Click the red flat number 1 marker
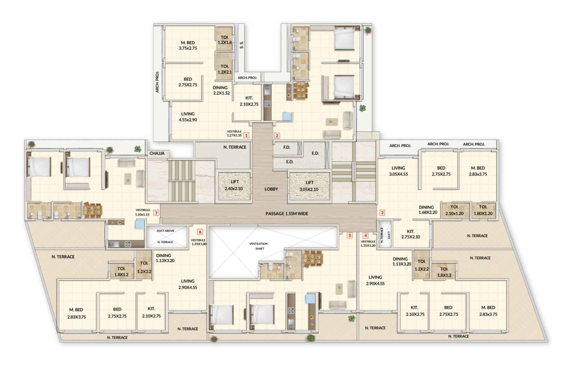(246, 135)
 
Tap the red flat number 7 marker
(156, 213)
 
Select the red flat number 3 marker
(382, 212)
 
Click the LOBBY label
(271, 189)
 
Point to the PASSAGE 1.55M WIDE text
(287, 214)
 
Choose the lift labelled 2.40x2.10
(234, 185)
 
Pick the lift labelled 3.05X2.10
(309, 186)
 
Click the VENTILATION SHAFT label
(259, 246)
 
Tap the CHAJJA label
(157, 153)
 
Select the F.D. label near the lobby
(287, 147)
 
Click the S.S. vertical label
(242, 45)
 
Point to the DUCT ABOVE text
(165, 231)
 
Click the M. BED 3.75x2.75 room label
(188, 45)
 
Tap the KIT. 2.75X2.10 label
(410, 234)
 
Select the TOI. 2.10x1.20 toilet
(454, 210)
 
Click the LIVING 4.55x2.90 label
(188, 117)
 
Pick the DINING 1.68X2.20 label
(427, 210)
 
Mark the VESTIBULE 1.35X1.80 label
(198, 242)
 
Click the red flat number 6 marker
(200, 232)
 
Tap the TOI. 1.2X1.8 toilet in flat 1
(224, 40)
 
